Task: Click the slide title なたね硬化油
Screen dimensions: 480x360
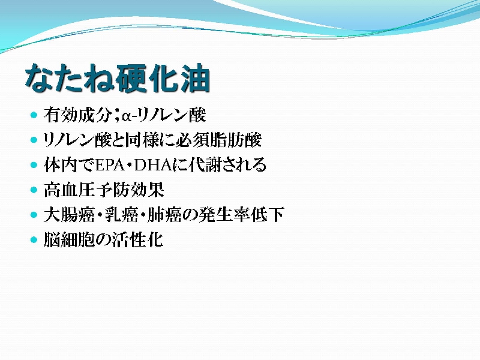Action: (118, 78)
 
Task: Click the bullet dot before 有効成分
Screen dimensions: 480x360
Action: (34, 115)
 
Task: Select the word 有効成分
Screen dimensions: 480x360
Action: (77, 115)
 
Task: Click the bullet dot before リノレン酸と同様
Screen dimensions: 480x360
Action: (34, 140)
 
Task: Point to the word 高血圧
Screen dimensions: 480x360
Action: (69, 190)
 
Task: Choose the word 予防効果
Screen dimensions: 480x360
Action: (130, 190)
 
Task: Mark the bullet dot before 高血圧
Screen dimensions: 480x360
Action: (34, 190)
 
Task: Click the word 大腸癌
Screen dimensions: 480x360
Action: (69, 215)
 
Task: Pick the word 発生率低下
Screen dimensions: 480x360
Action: (242, 215)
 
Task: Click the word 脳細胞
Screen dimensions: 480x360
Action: (69, 239)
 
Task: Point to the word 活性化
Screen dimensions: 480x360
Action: (137, 239)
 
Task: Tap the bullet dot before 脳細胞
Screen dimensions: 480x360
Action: (34, 239)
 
